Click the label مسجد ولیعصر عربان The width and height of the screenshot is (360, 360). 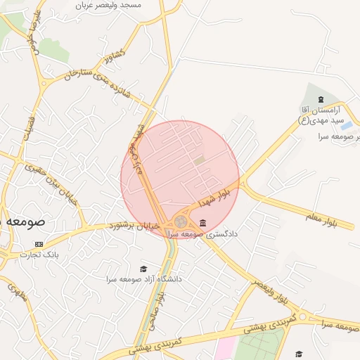pos(109,4)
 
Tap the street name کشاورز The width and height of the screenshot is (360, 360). pos(112,54)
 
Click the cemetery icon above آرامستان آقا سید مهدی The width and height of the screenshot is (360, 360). pos(321,98)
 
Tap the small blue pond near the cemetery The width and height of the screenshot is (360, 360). pos(346,127)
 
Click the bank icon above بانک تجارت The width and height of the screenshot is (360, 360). pos(39,245)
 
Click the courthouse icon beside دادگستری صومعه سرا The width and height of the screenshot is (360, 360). pos(203,224)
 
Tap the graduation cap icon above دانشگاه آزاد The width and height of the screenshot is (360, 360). pos(144,269)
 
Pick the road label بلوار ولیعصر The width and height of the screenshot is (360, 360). pos(271,290)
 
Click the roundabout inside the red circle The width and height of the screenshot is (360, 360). pos(181,221)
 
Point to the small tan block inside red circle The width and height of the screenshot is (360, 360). pos(200,161)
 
